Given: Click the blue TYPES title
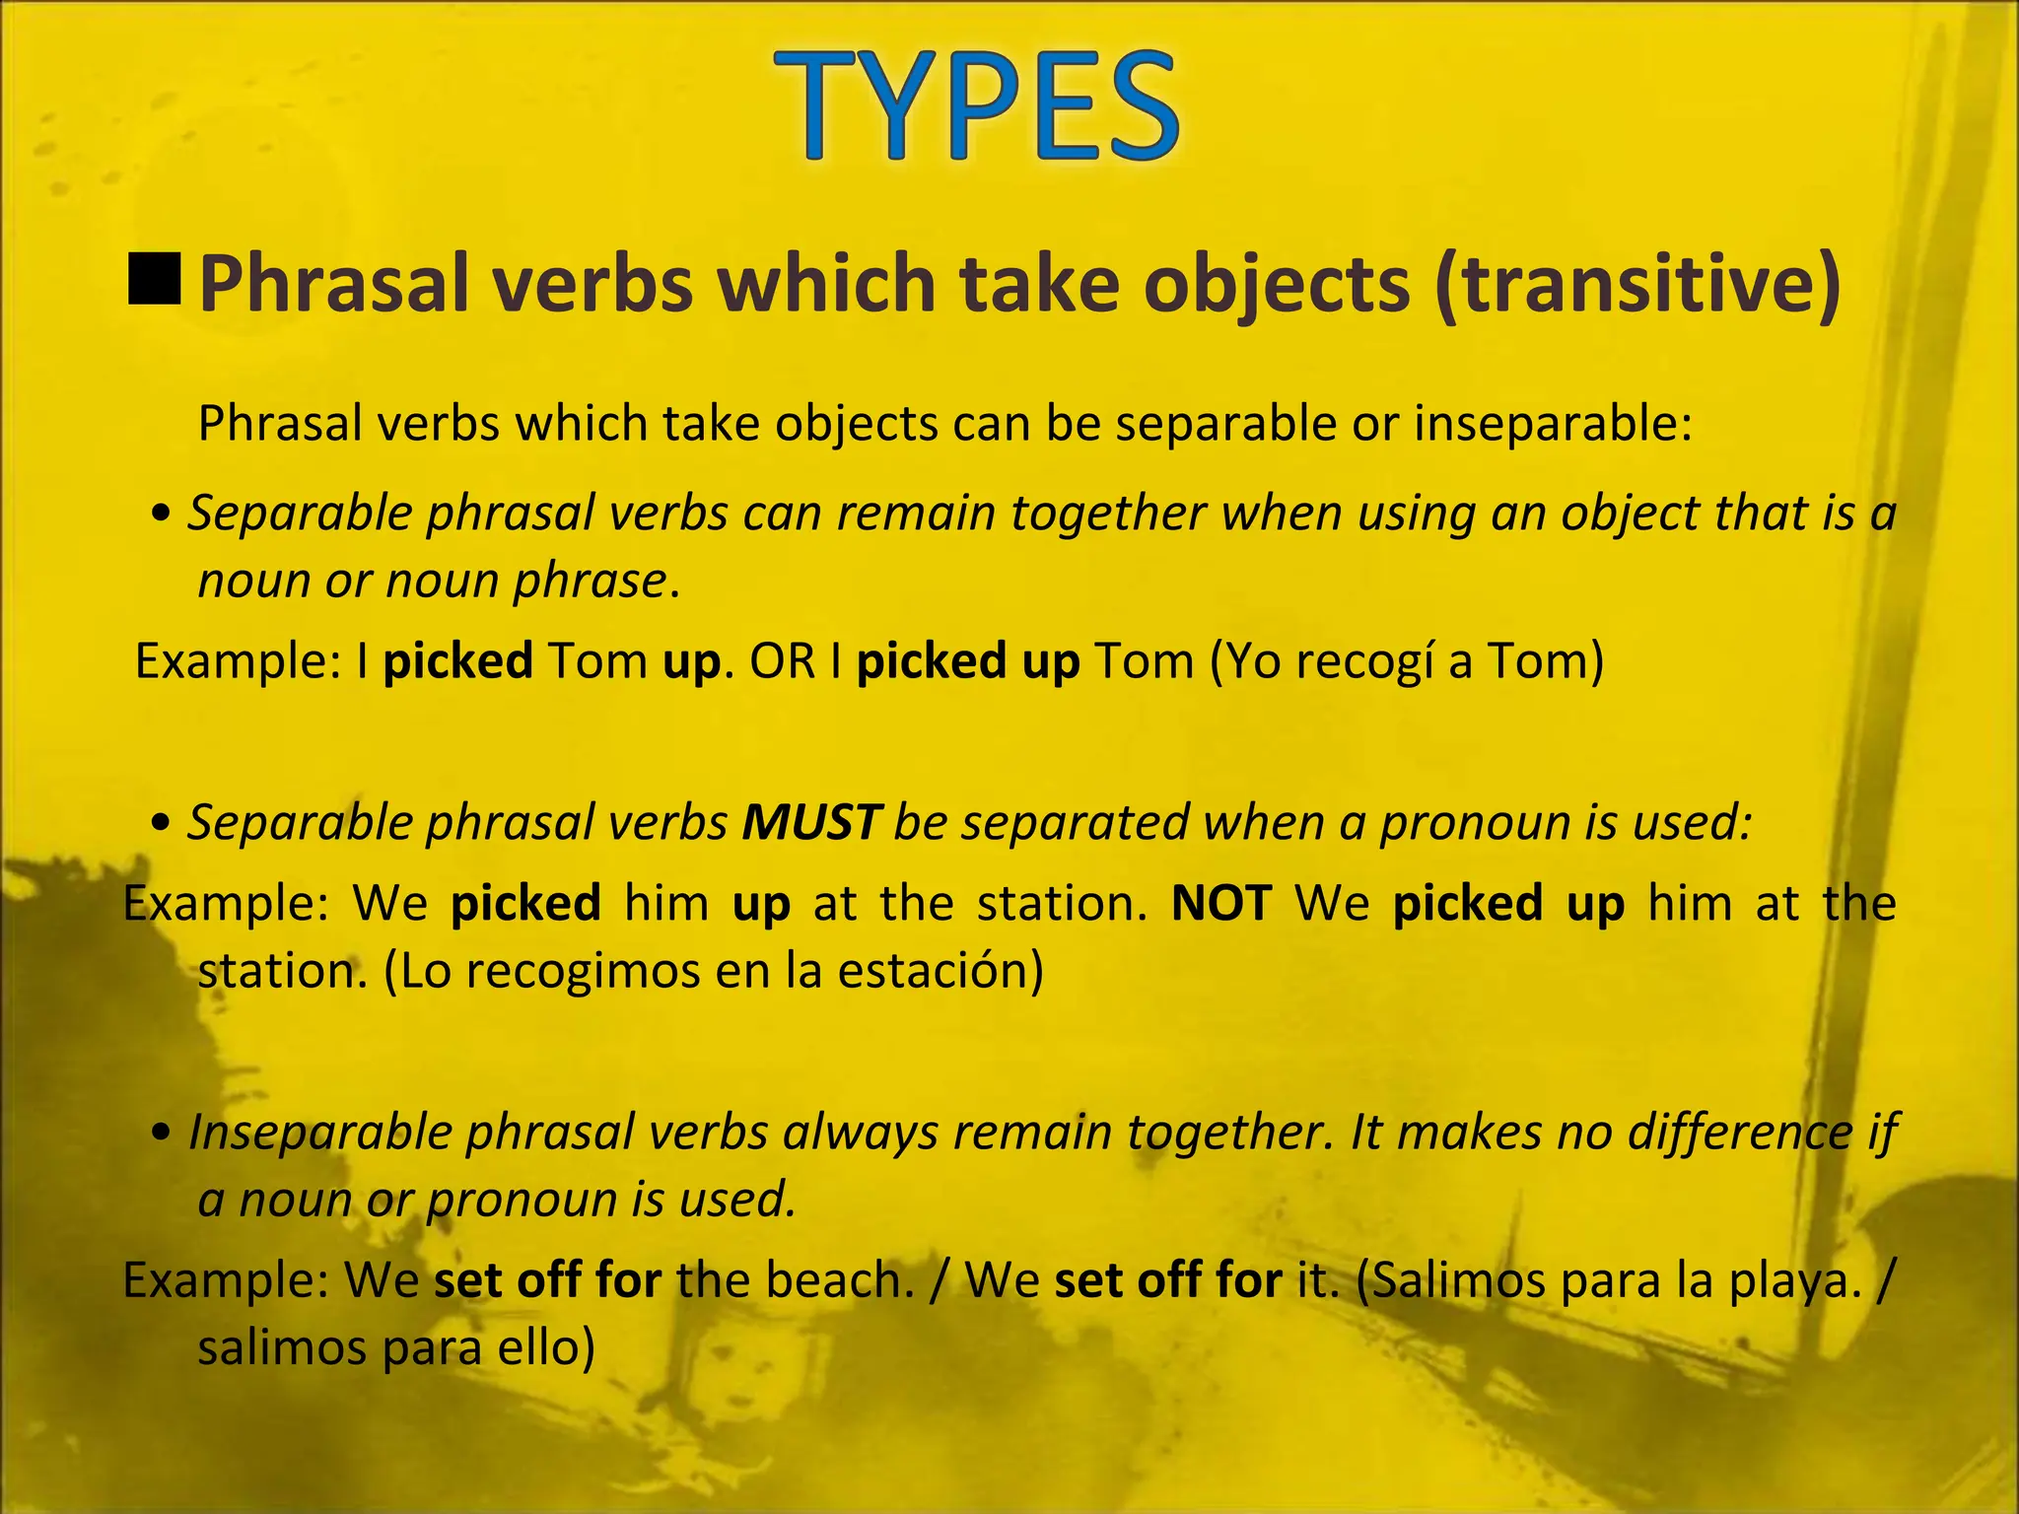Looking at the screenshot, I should pos(976,106).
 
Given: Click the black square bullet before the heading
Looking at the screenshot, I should pos(155,277).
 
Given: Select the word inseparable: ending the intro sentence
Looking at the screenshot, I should pos(1553,424).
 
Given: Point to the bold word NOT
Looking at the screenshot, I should pos(1221,903).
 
